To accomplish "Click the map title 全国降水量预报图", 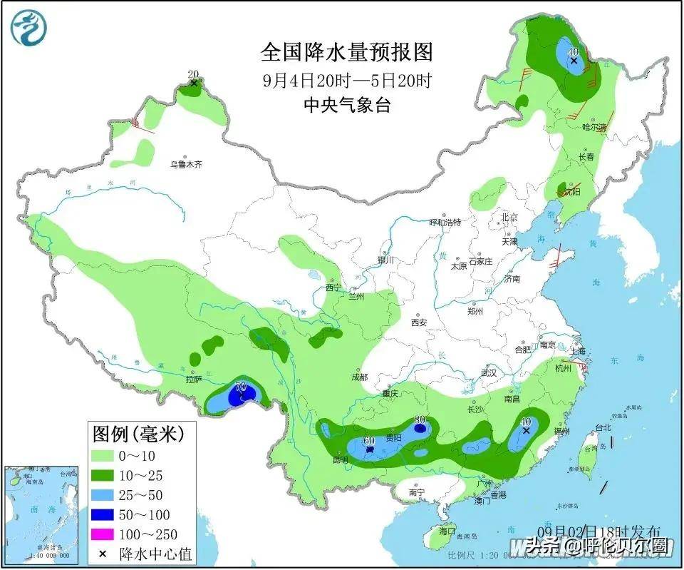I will tap(347, 52).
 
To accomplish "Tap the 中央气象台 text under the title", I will tap(347, 105).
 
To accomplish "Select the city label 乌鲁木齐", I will tap(186, 165).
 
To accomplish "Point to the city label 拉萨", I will tap(193, 380).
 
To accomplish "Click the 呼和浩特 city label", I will tap(445, 223).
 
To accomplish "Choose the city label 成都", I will tap(359, 377).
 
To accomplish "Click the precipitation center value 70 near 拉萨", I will tap(241, 387).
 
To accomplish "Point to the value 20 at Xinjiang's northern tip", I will tap(192, 74).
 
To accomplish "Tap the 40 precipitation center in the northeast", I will tap(573, 52).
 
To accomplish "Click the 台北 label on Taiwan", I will tap(603, 427).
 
